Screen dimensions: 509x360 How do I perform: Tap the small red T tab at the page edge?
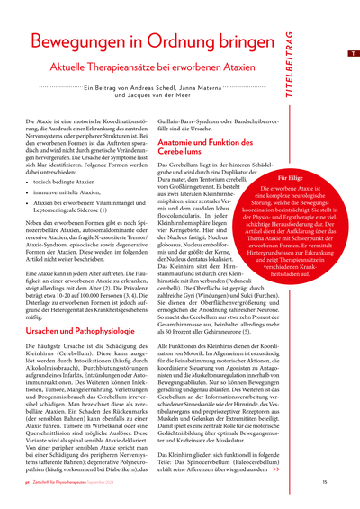[352, 53]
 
